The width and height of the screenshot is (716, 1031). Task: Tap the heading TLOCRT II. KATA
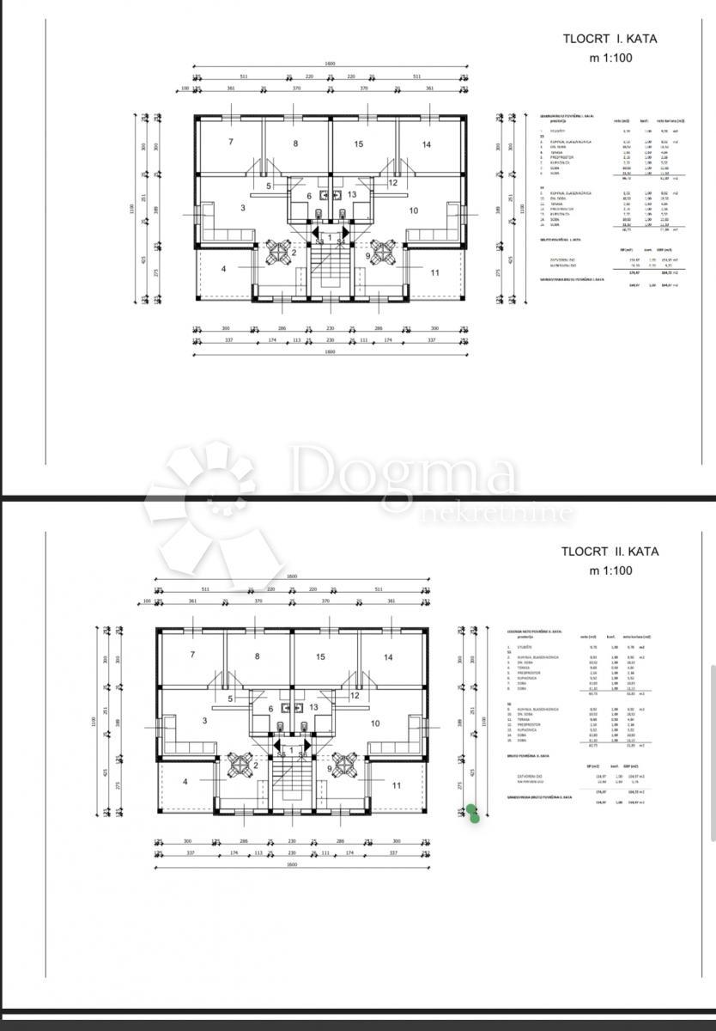(x=610, y=552)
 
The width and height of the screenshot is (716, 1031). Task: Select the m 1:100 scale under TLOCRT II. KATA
(x=610, y=570)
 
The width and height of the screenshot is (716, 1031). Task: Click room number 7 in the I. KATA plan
(x=231, y=142)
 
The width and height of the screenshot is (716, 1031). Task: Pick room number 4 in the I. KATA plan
(x=223, y=269)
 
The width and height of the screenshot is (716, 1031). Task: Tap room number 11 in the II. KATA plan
(x=396, y=785)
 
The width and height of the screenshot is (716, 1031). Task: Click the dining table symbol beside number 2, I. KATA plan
(x=279, y=251)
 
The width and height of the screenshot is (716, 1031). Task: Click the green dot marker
(x=472, y=813)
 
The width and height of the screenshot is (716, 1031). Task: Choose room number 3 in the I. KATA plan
(x=243, y=208)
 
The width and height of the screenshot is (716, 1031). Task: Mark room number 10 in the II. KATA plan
(x=374, y=723)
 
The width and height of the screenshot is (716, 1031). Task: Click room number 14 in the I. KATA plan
(x=426, y=144)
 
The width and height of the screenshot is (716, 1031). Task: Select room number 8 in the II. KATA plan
(x=257, y=657)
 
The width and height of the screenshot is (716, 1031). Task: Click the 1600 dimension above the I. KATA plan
(x=330, y=64)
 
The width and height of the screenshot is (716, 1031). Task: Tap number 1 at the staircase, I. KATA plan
(x=329, y=235)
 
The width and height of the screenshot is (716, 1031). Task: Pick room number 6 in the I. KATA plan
(x=309, y=195)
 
